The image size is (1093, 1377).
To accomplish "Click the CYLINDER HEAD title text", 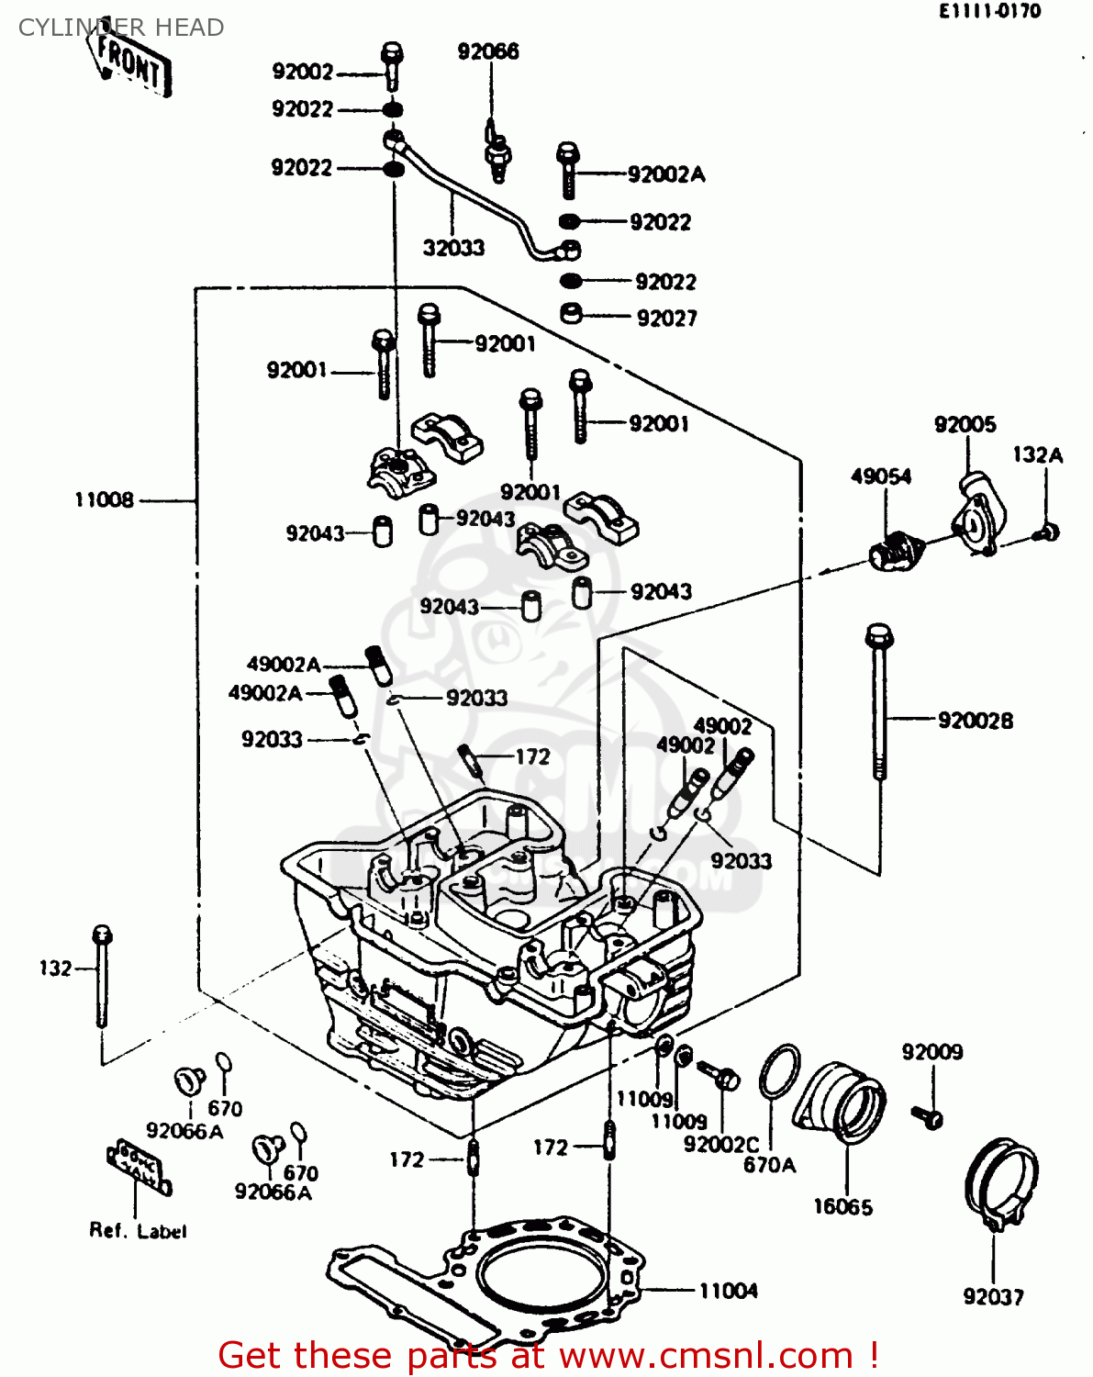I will (x=121, y=28).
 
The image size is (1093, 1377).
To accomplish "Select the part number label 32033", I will (x=453, y=248).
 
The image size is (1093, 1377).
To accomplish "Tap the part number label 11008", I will (x=104, y=500).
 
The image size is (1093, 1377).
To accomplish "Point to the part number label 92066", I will (x=488, y=51).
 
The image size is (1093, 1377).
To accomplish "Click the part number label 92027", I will (x=667, y=319).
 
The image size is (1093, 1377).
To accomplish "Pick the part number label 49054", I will (x=881, y=476).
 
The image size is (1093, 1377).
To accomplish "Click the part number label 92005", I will (x=965, y=424).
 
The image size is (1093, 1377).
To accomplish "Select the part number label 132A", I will (x=1038, y=454).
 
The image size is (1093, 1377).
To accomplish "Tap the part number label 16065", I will (x=842, y=1207).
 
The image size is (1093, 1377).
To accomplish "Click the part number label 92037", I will (x=993, y=1296).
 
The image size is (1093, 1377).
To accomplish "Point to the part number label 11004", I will (x=729, y=1291).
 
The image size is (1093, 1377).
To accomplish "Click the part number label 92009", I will (x=932, y=1052).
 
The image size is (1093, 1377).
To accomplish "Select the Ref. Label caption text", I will (x=138, y=1231).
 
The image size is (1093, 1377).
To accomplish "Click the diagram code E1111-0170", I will (x=989, y=11).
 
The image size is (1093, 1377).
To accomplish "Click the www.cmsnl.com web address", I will (x=707, y=1355).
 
